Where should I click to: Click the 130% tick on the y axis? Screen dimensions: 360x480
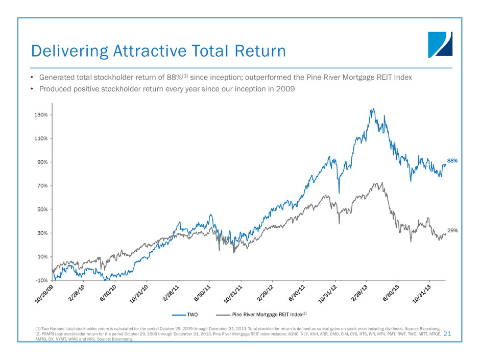click(41, 115)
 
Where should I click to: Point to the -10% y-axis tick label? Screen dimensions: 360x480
click(41, 280)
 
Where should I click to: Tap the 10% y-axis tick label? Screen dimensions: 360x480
click(42, 257)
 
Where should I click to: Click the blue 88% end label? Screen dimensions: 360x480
click(452, 161)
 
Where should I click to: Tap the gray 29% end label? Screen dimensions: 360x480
click(452, 231)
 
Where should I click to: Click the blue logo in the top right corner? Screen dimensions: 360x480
click(440, 44)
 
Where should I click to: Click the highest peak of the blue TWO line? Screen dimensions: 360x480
click(373, 108)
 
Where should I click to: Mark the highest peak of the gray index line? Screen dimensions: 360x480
click(376, 183)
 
